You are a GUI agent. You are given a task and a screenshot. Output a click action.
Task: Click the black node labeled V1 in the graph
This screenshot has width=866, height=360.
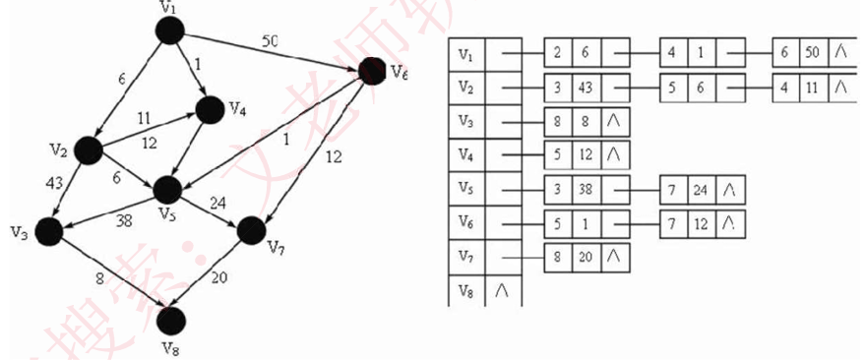point(170,30)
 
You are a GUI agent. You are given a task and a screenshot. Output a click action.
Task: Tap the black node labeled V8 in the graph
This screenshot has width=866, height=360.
point(171,319)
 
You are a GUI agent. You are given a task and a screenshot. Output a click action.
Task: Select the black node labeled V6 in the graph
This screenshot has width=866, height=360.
point(372,70)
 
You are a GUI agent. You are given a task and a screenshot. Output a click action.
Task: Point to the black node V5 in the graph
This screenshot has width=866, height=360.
point(168,189)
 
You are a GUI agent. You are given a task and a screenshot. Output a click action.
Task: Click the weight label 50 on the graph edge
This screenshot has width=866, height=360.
point(270,41)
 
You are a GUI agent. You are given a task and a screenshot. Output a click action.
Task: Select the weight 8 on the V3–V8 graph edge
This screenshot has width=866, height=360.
point(97,278)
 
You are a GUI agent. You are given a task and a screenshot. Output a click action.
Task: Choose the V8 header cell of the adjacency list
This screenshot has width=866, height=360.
point(466,291)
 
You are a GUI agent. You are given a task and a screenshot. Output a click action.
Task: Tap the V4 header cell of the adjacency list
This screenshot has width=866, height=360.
point(466,154)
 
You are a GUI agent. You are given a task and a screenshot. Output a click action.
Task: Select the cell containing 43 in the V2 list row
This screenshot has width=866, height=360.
point(586,87)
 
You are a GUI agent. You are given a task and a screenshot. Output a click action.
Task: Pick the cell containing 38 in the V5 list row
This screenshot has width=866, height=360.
point(586,189)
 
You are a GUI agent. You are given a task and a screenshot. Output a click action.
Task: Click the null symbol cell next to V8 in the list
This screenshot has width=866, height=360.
point(504,291)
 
